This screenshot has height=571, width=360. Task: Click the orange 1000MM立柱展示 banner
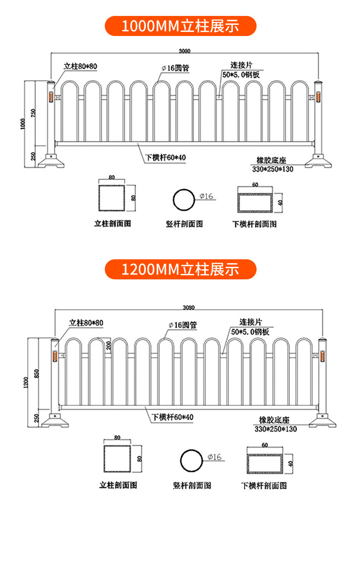pos(180,26)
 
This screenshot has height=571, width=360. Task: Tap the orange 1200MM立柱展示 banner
pos(180,269)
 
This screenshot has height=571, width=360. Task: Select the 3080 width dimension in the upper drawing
pos(184,51)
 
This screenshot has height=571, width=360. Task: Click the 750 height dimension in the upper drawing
pos(33,113)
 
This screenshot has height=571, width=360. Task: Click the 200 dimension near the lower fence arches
pos(108,345)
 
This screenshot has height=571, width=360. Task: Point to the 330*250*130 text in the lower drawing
pos(275,429)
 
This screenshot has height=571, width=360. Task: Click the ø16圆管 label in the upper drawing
pos(175,68)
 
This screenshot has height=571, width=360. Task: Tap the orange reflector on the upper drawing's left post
pos(51,97)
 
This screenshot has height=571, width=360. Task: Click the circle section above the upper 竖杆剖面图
pos(184,200)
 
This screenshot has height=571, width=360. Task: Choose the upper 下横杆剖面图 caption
pos(254,224)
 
